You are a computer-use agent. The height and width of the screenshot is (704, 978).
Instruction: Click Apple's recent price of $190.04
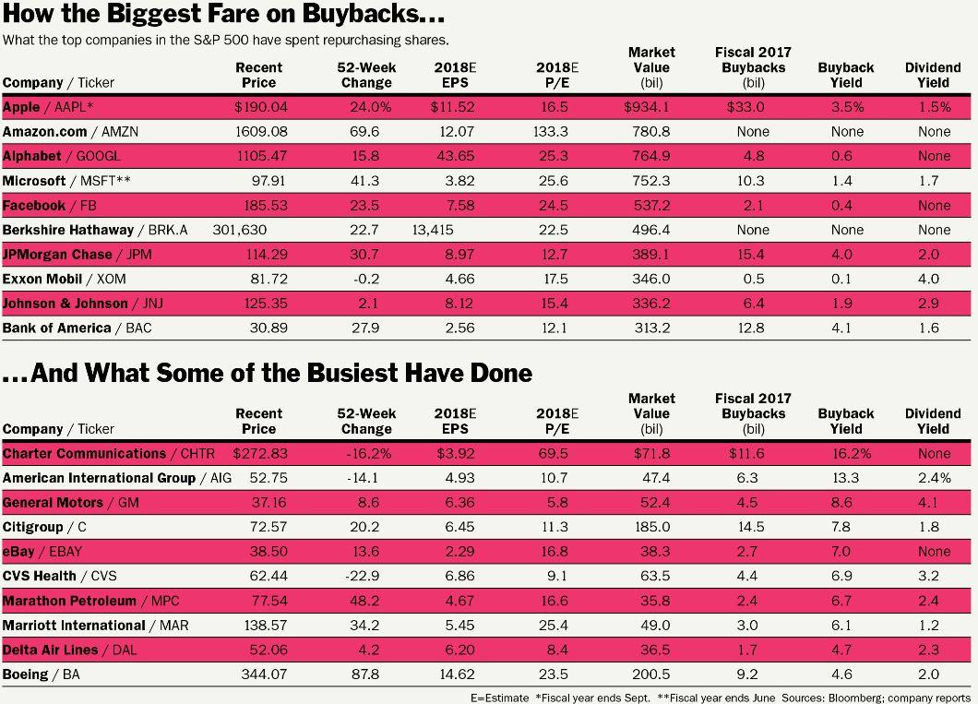[261, 107]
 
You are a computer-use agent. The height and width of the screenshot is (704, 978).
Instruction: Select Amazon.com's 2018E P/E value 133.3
[551, 132]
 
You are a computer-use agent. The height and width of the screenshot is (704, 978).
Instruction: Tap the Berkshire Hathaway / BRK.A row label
[95, 230]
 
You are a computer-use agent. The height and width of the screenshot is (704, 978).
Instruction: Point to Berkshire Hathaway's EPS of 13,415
[433, 230]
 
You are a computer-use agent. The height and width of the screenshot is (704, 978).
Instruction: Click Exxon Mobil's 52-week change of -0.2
[366, 279]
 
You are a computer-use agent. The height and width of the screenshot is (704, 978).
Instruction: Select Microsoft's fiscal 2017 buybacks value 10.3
[752, 181]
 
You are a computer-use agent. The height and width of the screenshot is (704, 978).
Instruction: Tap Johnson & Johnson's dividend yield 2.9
[928, 304]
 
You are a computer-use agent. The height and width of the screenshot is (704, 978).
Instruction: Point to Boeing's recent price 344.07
[264, 674]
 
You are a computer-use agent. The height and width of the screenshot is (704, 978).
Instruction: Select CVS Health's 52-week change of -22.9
[364, 576]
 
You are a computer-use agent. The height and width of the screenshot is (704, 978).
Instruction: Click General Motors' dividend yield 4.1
[928, 503]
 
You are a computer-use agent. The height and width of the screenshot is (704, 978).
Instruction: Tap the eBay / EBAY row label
[42, 552]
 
